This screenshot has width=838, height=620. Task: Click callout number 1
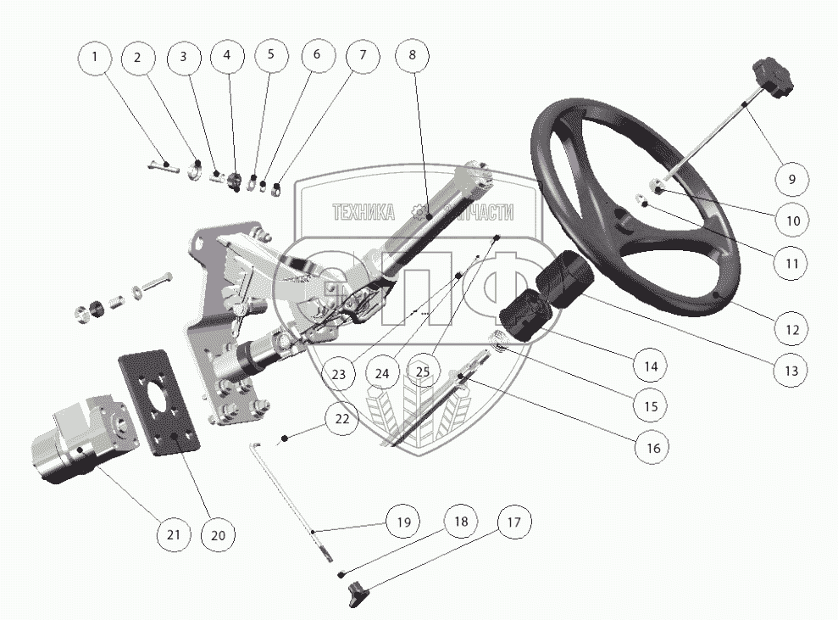(95, 57)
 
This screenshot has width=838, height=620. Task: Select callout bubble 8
(412, 55)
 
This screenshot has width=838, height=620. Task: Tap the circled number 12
(791, 328)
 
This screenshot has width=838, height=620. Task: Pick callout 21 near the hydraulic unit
(173, 534)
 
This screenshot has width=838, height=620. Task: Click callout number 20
(218, 534)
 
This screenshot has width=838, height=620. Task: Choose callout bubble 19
(403, 521)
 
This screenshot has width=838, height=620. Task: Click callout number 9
(791, 179)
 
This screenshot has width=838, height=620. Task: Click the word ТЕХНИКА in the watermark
(364, 211)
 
